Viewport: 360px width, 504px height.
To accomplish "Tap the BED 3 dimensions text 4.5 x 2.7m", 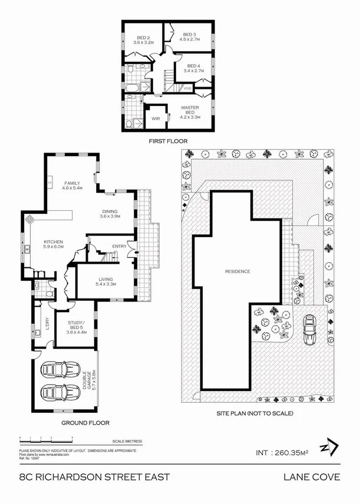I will (x=190, y=40).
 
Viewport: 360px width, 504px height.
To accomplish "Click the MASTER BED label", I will (x=190, y=110).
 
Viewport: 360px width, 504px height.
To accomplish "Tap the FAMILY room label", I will (x=72, y=183).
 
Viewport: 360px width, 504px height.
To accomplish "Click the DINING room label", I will (x=109, y=211).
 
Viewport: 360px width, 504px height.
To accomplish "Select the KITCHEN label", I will (x=53, y=243).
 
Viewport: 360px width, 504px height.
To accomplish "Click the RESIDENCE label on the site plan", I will (x=237, y=271).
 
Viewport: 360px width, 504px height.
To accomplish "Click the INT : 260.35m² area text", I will (x=282, y=453).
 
